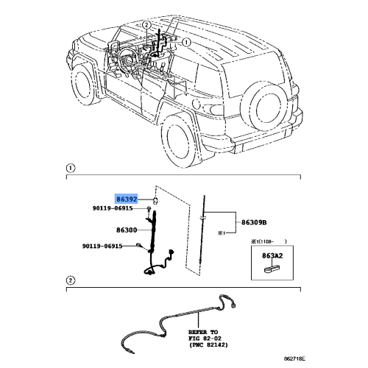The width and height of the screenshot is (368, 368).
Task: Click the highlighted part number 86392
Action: (127, 199)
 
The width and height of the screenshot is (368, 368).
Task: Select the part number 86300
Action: (127, 230)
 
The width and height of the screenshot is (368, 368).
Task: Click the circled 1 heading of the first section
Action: (71, 169)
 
